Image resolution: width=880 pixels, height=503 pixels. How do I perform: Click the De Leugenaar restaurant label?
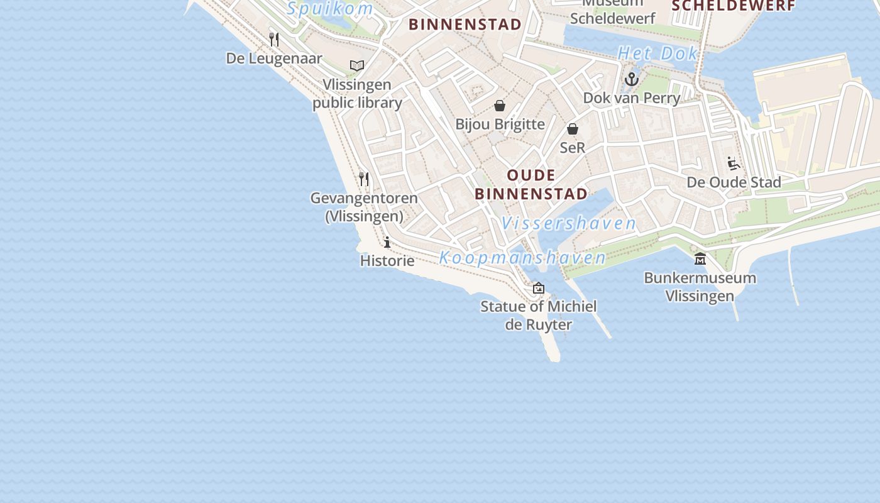274,58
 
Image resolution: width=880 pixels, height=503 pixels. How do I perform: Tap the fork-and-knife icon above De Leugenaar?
274,40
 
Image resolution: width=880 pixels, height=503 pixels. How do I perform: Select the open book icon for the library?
357,65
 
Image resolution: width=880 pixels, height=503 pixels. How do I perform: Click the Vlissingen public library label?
357,94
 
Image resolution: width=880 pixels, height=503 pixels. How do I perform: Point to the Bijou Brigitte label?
500,124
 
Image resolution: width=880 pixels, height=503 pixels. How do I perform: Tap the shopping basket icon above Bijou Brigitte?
500,106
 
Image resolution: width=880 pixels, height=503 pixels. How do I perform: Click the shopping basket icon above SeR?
573,129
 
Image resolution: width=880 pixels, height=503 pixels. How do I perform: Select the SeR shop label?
573,148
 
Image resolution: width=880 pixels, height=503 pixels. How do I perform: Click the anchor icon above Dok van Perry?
632,79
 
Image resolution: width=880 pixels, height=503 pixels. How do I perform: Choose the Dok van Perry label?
632,98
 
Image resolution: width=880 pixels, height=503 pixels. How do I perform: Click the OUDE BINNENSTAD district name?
531,184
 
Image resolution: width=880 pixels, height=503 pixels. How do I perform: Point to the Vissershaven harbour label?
569,223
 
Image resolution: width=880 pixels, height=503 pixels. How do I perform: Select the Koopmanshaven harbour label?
522,258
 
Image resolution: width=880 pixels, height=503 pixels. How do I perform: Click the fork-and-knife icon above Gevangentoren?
364,179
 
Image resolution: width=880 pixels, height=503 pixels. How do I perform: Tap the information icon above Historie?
387,242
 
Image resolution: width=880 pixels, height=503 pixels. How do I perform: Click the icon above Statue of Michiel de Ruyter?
539,288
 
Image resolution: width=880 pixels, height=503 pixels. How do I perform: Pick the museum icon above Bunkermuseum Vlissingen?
700,259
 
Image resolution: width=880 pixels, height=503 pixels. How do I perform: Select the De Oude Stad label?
734,182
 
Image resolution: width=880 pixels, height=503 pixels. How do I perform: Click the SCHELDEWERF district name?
734,6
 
